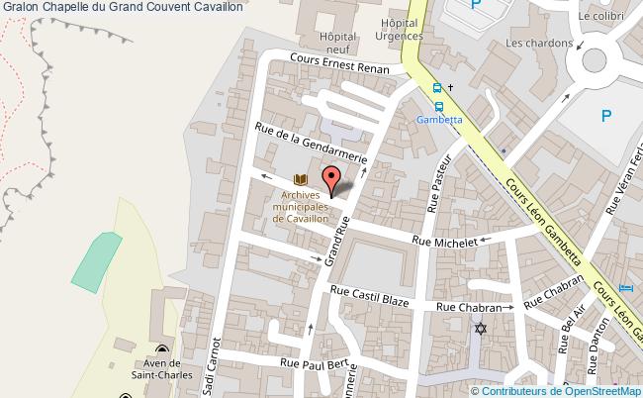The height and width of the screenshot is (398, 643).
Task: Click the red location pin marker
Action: click(x=332, y=178)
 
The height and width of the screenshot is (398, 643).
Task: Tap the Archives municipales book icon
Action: click(x=301, y=179)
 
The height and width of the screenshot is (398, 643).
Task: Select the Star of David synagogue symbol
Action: click(x=481, y=328)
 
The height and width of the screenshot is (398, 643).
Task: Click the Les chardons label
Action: click(x=539, y=43)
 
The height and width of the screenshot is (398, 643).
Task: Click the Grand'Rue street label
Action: click(x=336, y=245)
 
